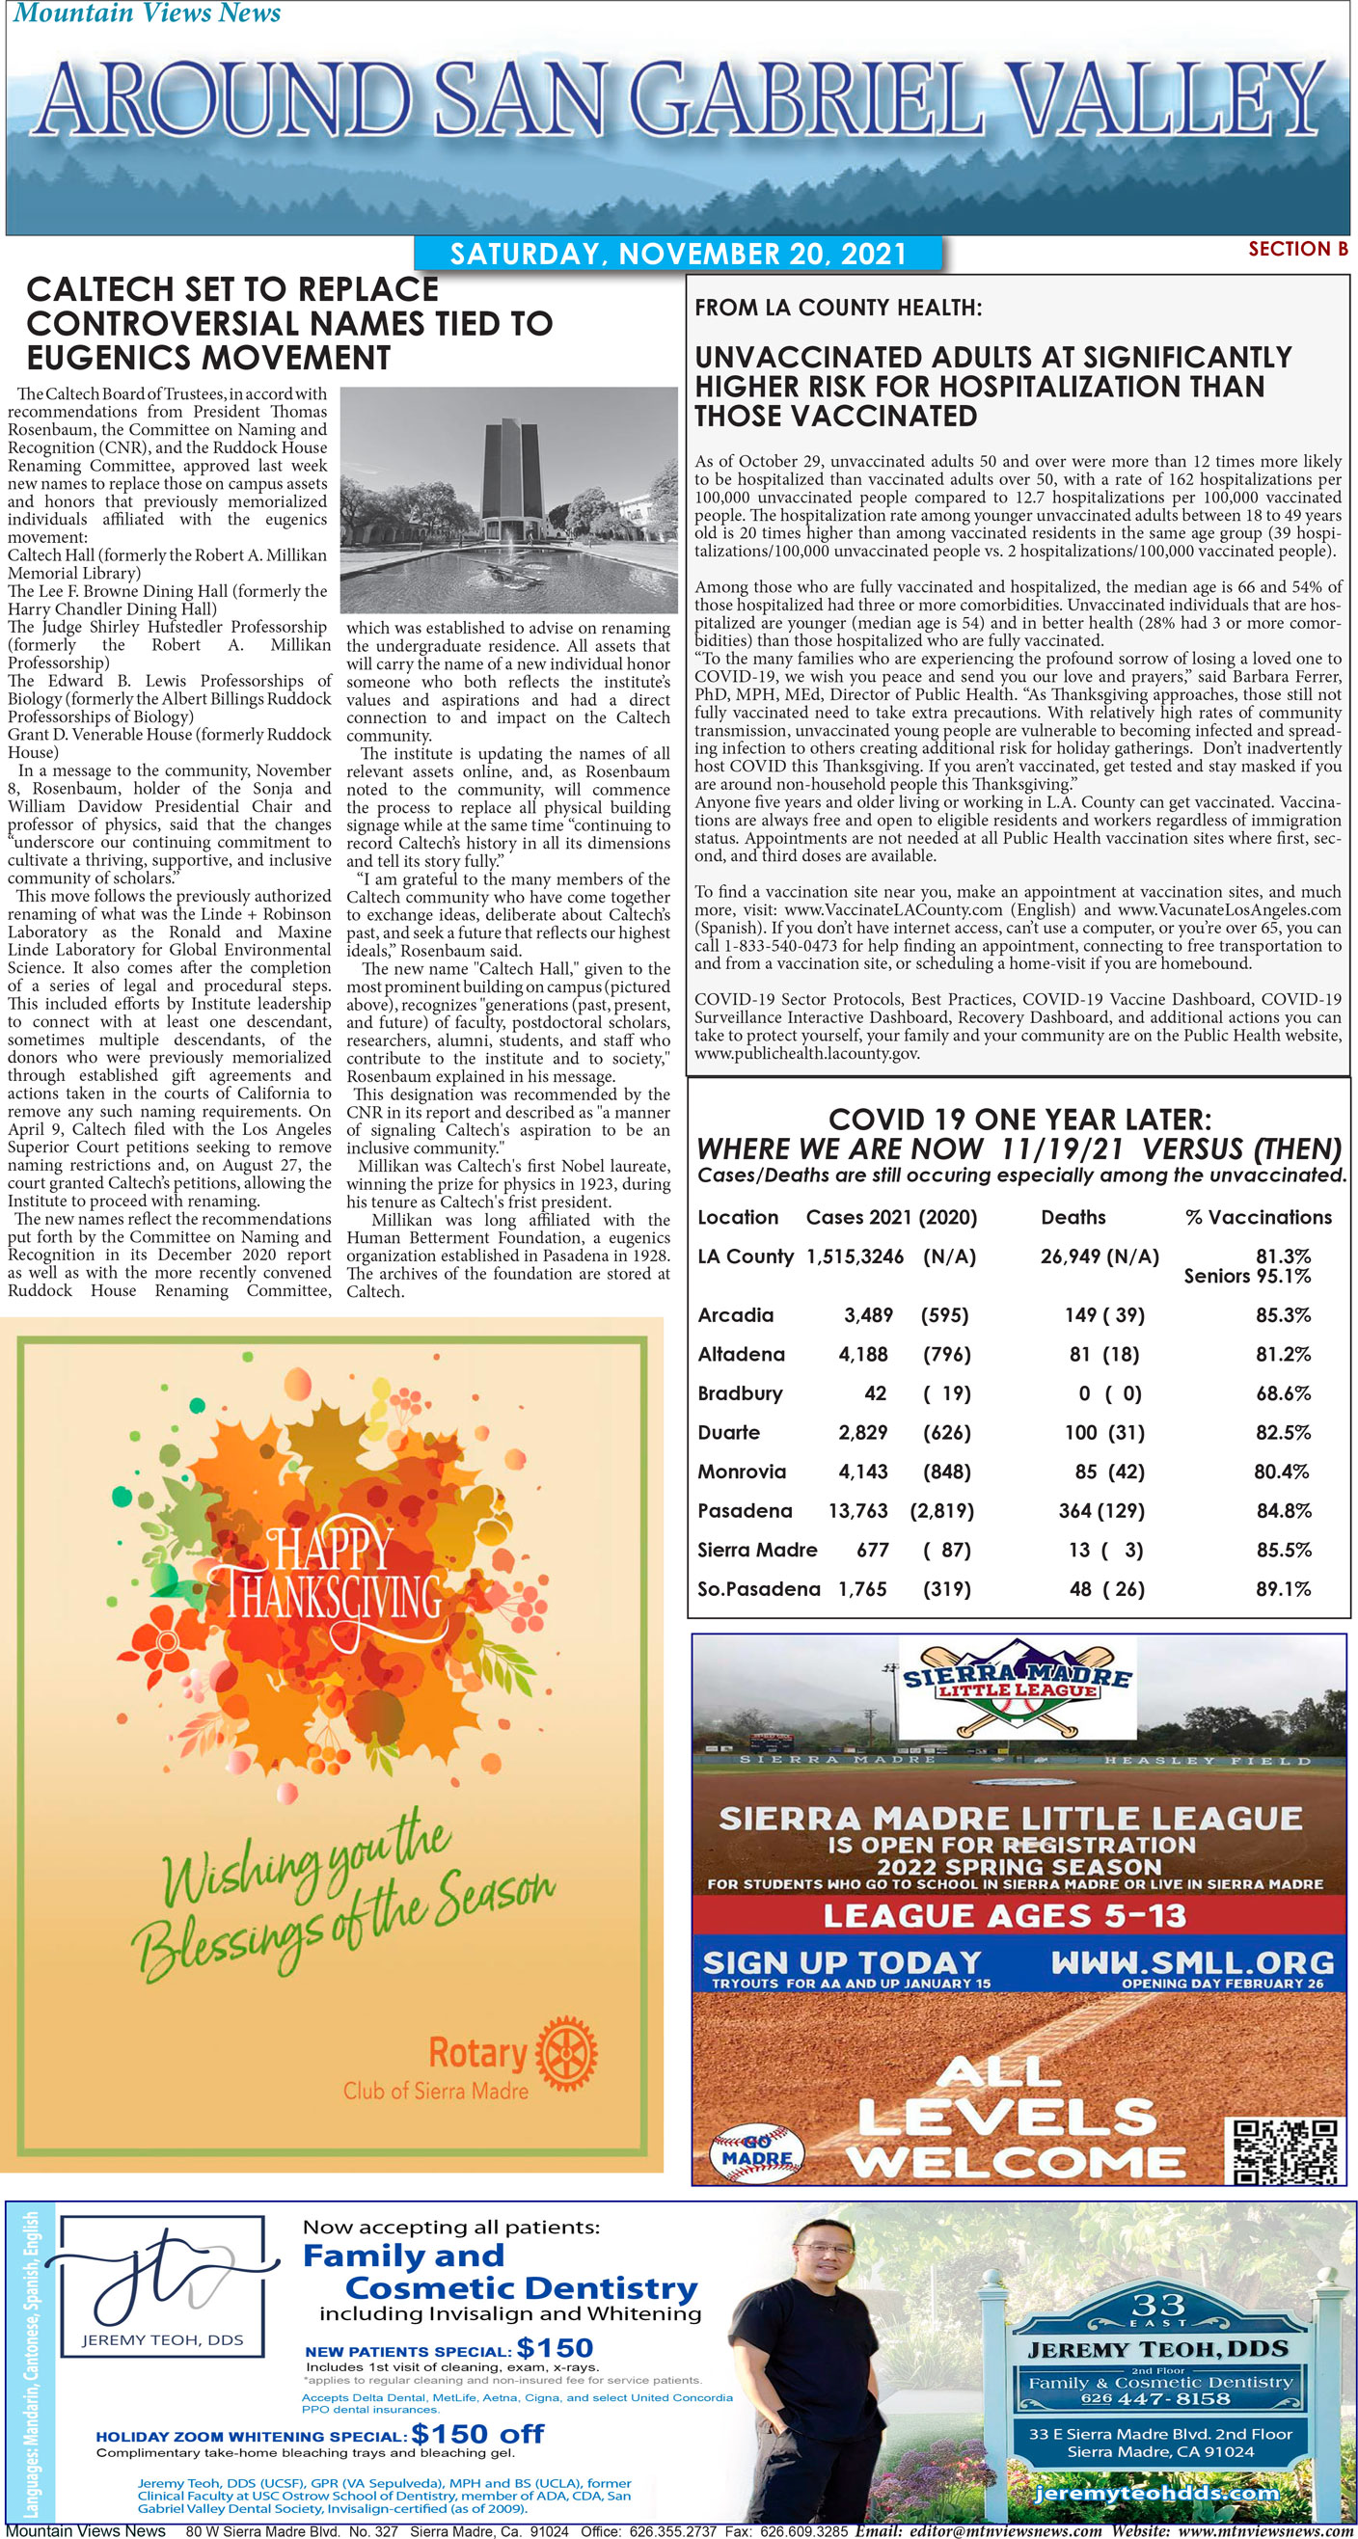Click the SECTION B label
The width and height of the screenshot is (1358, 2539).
(x=1297, y=249)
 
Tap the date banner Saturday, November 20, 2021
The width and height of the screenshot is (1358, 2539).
(x=677, y=254)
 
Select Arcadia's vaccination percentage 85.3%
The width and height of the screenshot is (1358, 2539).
(x=1282, y=1315)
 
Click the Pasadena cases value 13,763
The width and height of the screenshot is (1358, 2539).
(x=857, y=1510)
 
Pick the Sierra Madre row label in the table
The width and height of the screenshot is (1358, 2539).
(x=756, y=1550)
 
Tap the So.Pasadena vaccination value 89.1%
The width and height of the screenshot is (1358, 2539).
(x=1282, y=1589)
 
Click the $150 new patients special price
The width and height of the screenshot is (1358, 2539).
(x=554, y=2348)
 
